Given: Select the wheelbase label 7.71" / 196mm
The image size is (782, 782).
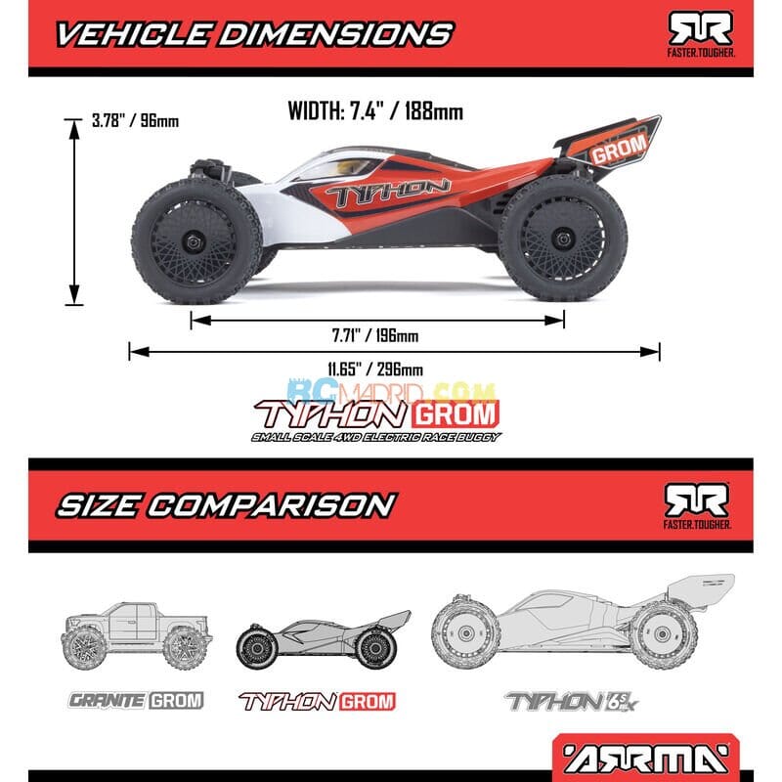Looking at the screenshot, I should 374,336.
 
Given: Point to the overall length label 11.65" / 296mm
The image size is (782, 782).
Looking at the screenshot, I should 375,369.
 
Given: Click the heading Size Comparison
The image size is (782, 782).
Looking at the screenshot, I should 225,504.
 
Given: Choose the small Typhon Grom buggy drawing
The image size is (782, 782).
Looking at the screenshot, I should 323,639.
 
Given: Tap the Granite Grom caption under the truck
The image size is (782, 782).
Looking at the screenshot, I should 136,700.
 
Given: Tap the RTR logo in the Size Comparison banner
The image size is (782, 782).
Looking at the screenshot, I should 697,504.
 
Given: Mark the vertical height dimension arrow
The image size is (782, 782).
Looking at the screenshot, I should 74,211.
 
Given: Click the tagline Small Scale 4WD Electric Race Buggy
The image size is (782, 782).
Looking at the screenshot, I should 375,436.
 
